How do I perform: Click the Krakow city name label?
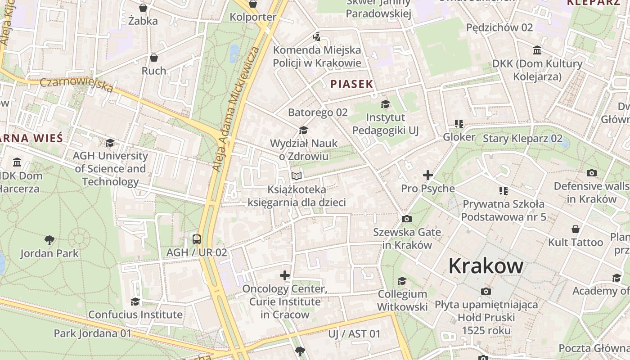tap(486, 266)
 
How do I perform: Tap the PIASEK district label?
tap(352, 84)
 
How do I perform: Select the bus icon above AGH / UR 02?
tap(197, 239)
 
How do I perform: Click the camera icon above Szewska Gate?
tap(406, 219)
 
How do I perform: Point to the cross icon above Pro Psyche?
tap(428, 175)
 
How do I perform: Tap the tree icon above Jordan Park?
tap(49, 240)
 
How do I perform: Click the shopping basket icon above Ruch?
tap(154, 58)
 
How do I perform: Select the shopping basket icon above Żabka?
tap(143, 8)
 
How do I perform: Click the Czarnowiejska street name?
tap(76, 85)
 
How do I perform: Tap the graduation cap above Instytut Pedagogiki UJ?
tap(385, 104)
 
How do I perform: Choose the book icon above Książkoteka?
tap(296, 176)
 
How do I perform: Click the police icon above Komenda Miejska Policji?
tap(317, 36)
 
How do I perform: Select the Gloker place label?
tap(459, 137)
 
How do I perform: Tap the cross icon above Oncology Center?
tap(285, 275)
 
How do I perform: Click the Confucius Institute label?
tap(135, 315)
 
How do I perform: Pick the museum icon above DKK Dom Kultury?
tap(537, 50)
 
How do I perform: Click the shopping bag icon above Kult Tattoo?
tap(575, 229)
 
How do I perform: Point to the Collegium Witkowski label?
tap(402, 301)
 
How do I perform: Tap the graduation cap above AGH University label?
tap(110, 143)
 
